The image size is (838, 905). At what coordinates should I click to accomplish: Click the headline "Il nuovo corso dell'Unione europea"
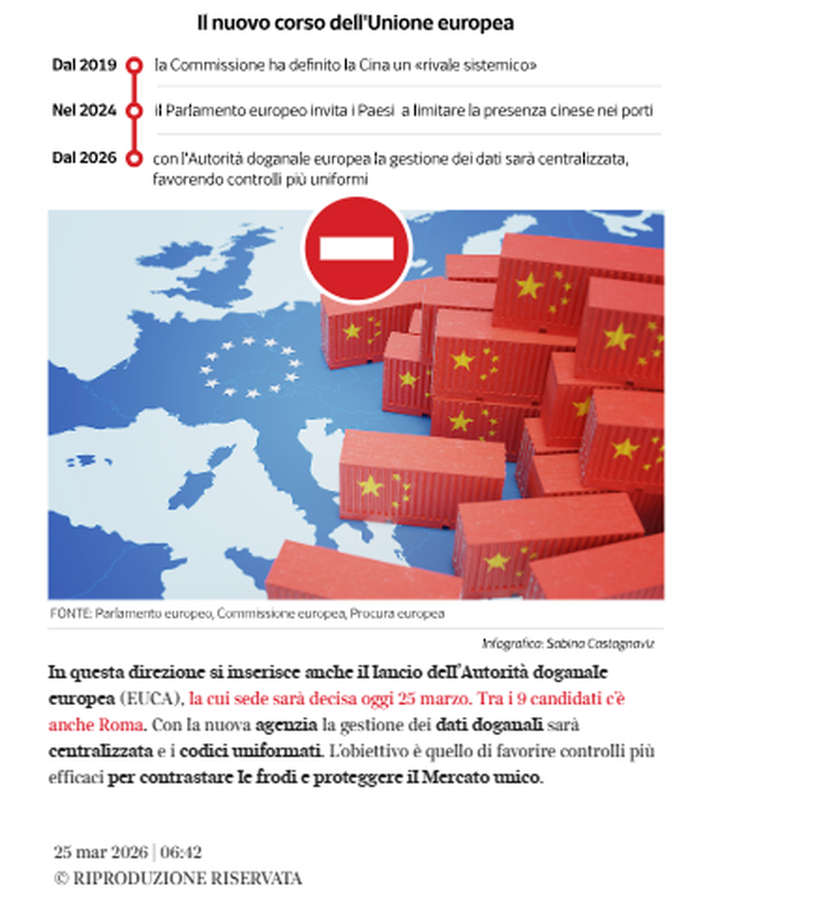(x=355, y=22)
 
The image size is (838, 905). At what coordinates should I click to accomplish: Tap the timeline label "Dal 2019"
(x=84, y=65)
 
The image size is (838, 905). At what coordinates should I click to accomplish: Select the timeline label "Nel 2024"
(x=84, y=110)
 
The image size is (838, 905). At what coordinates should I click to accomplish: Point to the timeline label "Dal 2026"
(x=84, y=157)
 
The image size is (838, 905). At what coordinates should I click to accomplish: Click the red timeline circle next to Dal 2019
(x=134, y=65)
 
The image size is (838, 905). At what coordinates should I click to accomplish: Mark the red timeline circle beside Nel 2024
(x=134, y=111)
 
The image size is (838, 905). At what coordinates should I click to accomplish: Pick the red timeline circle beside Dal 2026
(x=134, y=157)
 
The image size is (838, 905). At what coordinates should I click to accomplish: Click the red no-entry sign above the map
(x=357, y=249)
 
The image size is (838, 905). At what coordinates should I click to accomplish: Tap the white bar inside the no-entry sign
(x=357, y=249)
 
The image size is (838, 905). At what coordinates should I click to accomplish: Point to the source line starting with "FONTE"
(x=247, y=614)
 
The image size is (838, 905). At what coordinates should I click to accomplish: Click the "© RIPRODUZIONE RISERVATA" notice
(x=177, y=878)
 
